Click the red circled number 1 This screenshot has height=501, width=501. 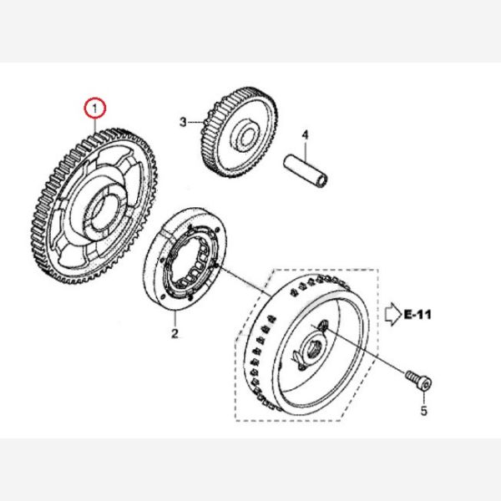tap(95, 108)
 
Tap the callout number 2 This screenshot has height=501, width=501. tap(175, 335)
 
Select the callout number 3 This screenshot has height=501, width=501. tap(184, 122)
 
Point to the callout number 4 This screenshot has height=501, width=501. tap(305, 134)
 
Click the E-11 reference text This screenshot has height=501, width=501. tap(417, 316)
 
